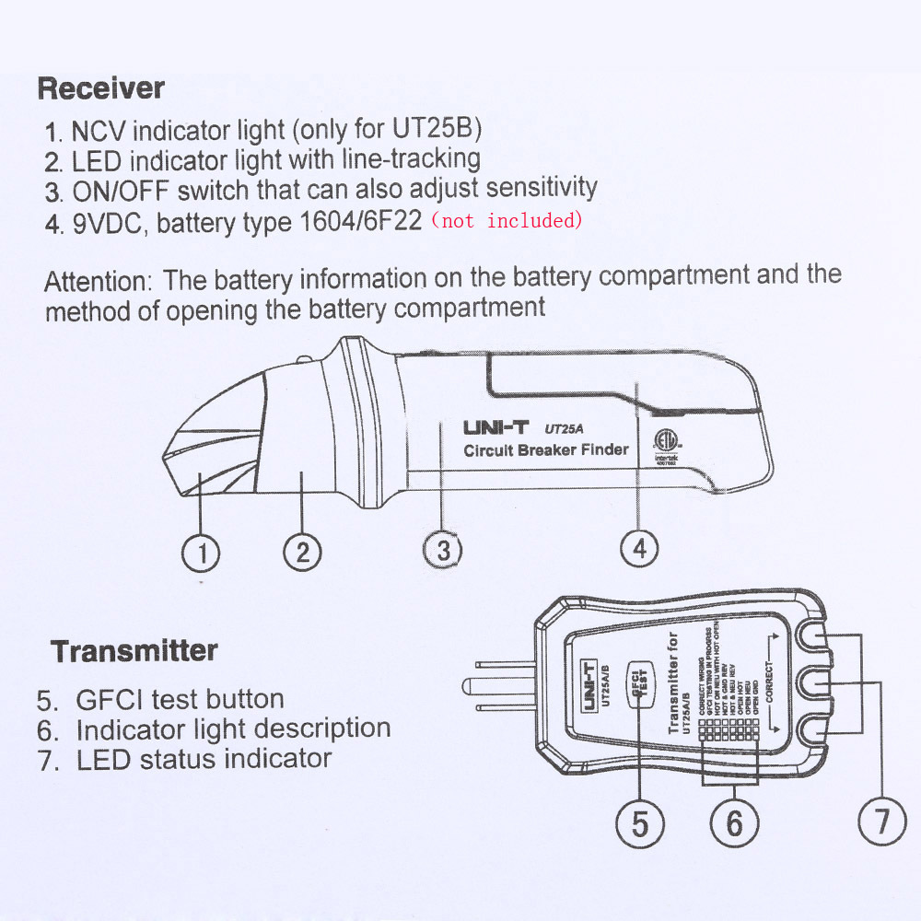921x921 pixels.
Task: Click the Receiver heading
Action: click(x=101, y=89)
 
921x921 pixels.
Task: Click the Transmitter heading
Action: click(x=134, y=651)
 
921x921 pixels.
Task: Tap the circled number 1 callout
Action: click(x=201, y=553)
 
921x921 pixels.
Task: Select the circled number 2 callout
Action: click(x=302, y=553)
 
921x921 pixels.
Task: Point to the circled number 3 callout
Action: click(x=443, y=551)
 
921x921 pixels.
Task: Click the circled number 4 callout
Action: click(x=639, y=549)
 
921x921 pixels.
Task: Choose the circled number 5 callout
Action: click(x=640, y=822)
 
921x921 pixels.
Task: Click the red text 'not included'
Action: click(x=507, y=221)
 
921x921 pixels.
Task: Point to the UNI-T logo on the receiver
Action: click(x=495, y=428)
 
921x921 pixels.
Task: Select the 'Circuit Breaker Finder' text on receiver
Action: click(x=545, y=450)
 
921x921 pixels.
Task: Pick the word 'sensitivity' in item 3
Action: click(x=542, y=188)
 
